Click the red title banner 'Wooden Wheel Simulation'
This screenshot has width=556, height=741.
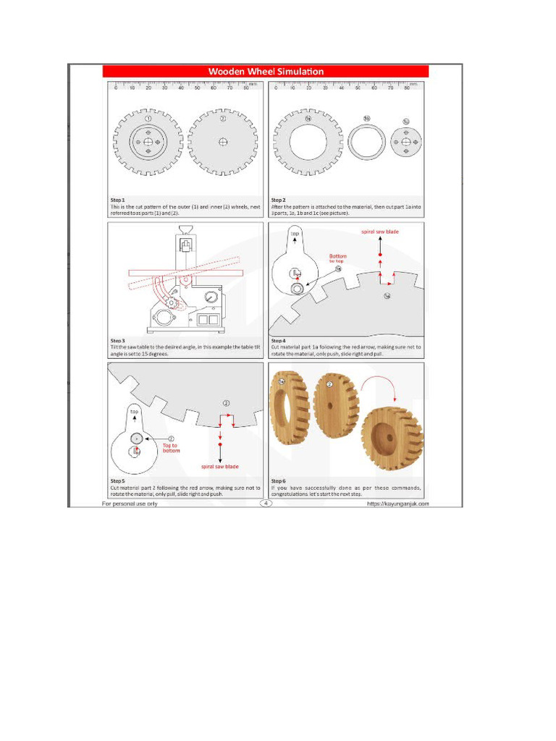[266, 71]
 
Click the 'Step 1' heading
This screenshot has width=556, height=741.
[117, 199]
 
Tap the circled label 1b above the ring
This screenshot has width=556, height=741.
[367, 119]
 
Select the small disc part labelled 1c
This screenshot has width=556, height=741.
[405, 142]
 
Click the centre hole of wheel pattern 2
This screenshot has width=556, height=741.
[223, 142]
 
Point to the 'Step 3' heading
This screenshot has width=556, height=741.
[117, 340]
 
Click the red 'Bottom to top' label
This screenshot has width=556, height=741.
[338, 258]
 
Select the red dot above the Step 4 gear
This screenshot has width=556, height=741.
[379, 255]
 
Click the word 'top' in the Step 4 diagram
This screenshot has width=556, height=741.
[295, 234]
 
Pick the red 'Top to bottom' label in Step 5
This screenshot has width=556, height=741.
[170, 448]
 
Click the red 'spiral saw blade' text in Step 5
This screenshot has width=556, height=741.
[219, 466]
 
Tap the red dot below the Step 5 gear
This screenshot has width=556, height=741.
[219, 450]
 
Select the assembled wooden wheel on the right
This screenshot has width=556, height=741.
[392, 437]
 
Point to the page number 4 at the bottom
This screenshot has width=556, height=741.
[266, 503]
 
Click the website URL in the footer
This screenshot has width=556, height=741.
[397, 504]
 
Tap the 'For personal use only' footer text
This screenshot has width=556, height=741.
[130, 504]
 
